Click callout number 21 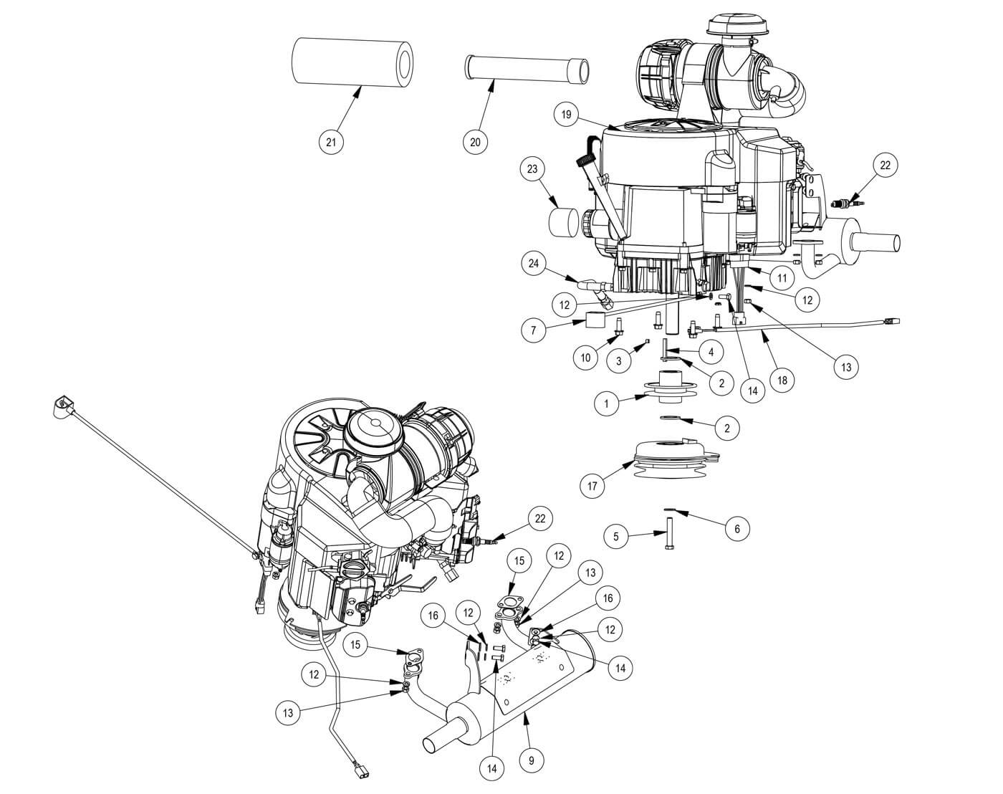(331, 141)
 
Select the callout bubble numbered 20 (475, 141)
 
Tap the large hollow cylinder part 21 (355, 62)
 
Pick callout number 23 (532, 170)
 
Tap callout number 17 (592, 487)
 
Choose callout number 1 (606, 403)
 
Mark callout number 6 (736, 529)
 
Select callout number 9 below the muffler (531, 760)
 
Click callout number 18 (782, 380)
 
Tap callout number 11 (782, 276)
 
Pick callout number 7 (533, 330)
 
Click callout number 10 (586, 357)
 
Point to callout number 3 (619, 360)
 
